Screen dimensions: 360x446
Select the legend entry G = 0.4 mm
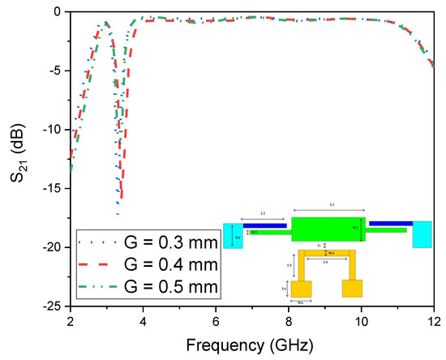tap(154, 264)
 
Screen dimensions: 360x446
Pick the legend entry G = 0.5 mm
tap(154, 286)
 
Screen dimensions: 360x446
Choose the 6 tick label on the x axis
tap(216, 319)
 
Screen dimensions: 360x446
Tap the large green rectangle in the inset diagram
tap(328, 229)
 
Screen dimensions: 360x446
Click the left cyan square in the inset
tap(233, 235)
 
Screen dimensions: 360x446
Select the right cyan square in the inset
tap(422, 234)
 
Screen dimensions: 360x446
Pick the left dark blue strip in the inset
tap(265, 225)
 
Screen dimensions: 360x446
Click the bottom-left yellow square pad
tap(302, 289)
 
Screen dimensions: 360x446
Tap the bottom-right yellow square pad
tap(352, 289)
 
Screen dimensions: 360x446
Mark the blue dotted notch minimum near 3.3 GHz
tap(118, 213)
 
